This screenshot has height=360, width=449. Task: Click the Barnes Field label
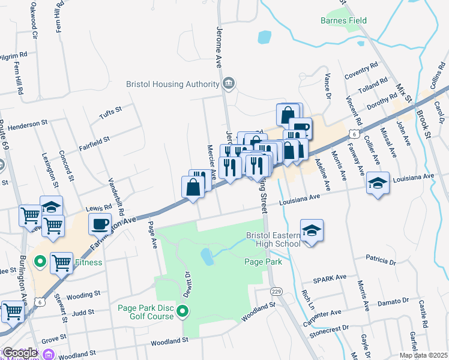point(343,21)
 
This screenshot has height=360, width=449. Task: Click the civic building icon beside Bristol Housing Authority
point(228,83)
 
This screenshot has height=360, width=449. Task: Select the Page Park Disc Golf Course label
point(146,312)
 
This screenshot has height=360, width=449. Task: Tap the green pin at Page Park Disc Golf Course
point(184,311)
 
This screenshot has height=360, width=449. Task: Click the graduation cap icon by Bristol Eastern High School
point(312,230)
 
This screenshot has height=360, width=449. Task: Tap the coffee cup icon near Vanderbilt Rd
point(99,224)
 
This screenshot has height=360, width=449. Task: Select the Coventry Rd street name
point(361,71)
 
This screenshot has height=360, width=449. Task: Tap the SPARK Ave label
point(330,279)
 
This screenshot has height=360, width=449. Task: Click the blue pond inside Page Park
point(207,257)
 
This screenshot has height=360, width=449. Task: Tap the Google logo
point(19,353)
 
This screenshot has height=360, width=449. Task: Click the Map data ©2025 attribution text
point(423,355)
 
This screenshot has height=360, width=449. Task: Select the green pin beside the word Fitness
point(40,262)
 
